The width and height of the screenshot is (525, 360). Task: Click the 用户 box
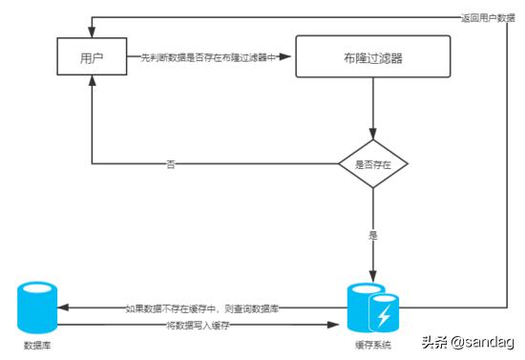pyautogui.click(x=92, y=57)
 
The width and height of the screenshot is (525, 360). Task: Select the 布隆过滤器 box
pyautogui.click(x=372, y=57)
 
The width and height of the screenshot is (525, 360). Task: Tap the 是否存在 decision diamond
pyautogui.click(x=373, y=164)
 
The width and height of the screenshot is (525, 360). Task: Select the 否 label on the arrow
pyautogui.click(x=171, y=164)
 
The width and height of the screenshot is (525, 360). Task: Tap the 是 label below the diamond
pyautogui.click(x=373, y=233)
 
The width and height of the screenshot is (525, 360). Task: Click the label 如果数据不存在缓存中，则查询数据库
pyautogui.click(x=201, y=309)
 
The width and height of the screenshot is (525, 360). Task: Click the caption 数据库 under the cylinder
pyautogui.click(x=37, y=344)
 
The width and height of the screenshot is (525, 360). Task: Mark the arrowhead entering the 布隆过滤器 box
pyautogui.click(x=290, y=57)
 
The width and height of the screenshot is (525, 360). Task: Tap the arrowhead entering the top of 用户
pyautogui.click(x=92, y=33)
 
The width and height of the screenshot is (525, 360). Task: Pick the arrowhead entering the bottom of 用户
pyautogui.click(x=92, y=82)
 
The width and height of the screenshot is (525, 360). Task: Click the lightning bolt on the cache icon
pyautogui.click(x=386, y=314)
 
